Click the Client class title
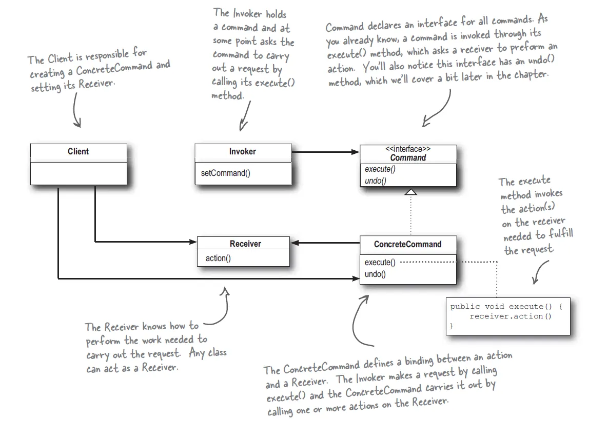(79, 151)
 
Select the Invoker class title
(242, 151)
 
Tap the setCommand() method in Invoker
(225, 173)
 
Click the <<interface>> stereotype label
(408, 149)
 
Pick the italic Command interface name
(408, 157)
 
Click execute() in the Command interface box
(380, 169)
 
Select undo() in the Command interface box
(376, 181)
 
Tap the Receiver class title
(245, 244)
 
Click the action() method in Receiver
(218, 258)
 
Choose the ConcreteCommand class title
(407, 245)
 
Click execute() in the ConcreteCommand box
(380, 263)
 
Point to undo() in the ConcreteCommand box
(375, 274)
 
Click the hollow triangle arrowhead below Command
(410, 191)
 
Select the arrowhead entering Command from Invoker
(355, 152)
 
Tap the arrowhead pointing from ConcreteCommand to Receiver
(295, 243)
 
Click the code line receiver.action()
(511, 316)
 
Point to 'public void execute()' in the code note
(501, 307)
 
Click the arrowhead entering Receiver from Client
(193, 242)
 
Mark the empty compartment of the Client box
(79, 173)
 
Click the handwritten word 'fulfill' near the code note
(561, 234)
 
